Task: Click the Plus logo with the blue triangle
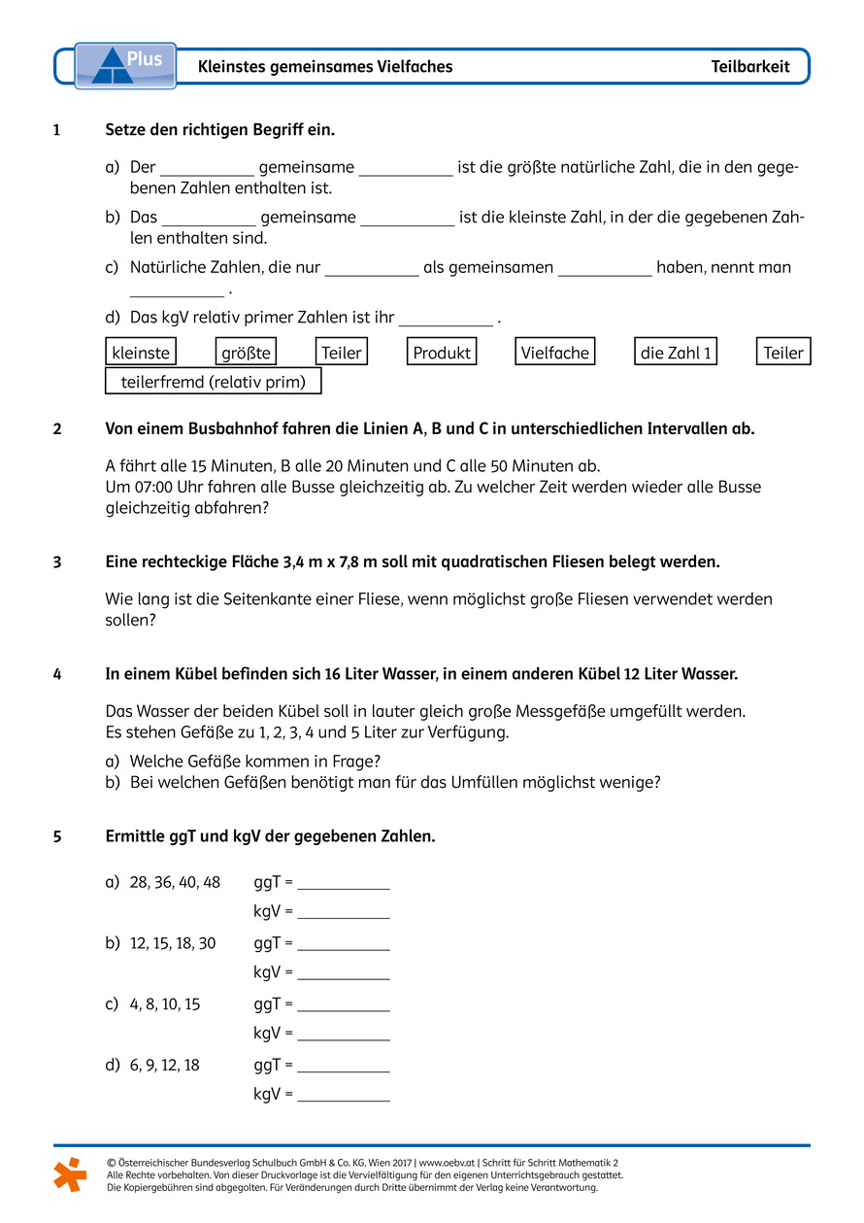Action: click(125, 65)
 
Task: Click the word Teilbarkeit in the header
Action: click(749, 67)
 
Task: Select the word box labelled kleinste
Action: click(142, 353)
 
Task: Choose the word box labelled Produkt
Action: click(442, 353)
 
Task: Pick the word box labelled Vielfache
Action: click(554, 353)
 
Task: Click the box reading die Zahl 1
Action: click(676, 353)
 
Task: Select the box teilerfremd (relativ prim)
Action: click(213, 382)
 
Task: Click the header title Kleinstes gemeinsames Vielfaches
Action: click(325, 67)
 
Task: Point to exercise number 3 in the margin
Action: click(57, 561)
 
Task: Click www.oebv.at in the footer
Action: click(447, 1162)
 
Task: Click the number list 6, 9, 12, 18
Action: click(165, 1066)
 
